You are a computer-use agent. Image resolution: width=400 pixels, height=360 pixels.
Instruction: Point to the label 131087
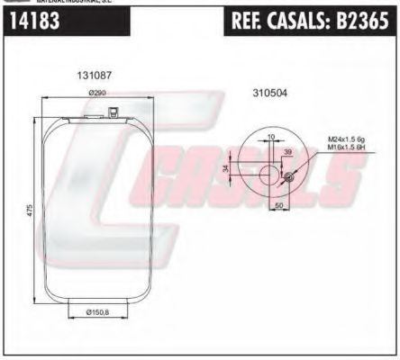tap(93, 77)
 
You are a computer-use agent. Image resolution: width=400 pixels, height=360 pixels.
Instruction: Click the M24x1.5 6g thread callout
tap(345, 139)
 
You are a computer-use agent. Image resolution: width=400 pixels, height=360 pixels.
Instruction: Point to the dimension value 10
tap(271, 137)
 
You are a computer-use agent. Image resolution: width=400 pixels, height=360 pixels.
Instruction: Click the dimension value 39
tap(286, 153)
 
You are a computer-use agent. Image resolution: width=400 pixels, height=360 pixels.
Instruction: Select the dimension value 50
tap(279, 206)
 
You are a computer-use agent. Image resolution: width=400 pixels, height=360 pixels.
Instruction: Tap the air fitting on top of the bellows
tap(114, 112)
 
